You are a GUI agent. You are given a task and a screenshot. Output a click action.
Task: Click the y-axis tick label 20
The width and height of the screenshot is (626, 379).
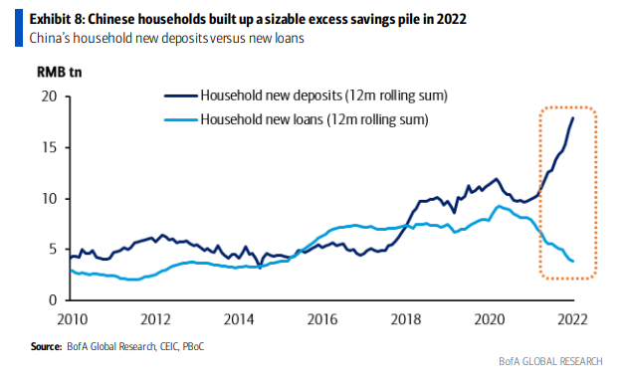click(49, 96)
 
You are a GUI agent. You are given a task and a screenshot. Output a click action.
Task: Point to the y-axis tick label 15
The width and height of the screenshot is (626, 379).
click(49, 147)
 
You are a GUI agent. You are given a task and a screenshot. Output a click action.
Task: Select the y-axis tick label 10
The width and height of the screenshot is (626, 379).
click(49, 198)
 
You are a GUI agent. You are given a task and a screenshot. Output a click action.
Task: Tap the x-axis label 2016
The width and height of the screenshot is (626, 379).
click(324, 319)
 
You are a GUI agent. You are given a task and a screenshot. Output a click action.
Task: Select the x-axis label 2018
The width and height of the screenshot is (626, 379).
click(408, 319)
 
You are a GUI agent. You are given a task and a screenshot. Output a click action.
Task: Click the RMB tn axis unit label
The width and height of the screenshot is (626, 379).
click(60, 73)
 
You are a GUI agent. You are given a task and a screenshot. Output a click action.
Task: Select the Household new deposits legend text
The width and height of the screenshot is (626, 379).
click(314, 96)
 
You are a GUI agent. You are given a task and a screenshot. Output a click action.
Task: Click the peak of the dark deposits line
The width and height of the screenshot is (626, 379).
click(573, 117)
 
